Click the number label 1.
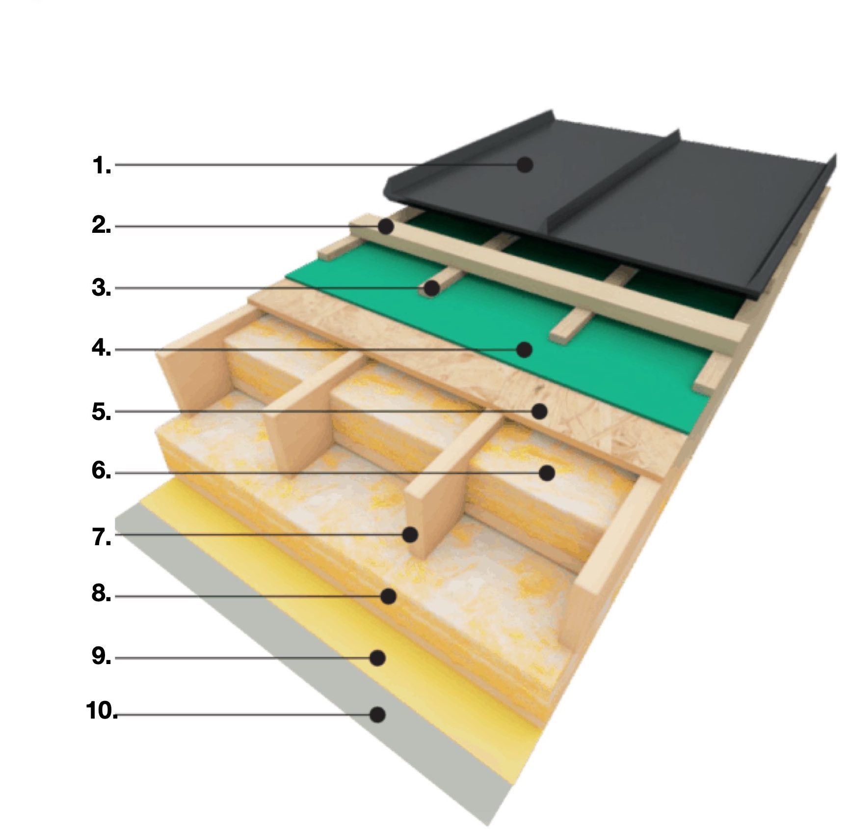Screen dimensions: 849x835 pyautogui.click(x=102, y=165)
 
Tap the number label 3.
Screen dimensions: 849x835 pyautogui.click(x=102, y=287)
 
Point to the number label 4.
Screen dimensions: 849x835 pyautogui.click(x=102, y=348)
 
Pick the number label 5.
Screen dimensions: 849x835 pyautogui.click(x=102, y=411)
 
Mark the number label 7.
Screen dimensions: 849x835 pyautogui.click(x=102, y=537)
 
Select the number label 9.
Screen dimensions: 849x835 pyautogui.click(x=102, y=656)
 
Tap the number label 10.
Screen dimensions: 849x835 pyautogui.click(x=102, y=711)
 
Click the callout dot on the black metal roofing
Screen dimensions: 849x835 pyautogui.click(x=525, y=165)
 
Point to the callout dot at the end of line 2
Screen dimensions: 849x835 pyautogui.click(x=386, y=226)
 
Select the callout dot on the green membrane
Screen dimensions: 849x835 pyautogui.click(x=524, y=350)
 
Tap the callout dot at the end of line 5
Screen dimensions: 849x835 pyautogui.click(x=540, y=411)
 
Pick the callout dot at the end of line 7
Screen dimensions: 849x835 pyautogui.click(x=410, y=534)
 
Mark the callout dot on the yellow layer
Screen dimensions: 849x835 pyautogui.click(x=377, y=658)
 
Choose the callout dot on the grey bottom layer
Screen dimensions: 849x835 pyautogui.click(x=377, y=714)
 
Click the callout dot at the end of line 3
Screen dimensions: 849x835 pyautogui.click(x=431, y=288)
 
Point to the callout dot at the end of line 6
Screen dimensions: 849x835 pyautogui.click(x=547, y=473)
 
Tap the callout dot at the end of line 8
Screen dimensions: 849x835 pyautogui.click(x=388, y=596)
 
